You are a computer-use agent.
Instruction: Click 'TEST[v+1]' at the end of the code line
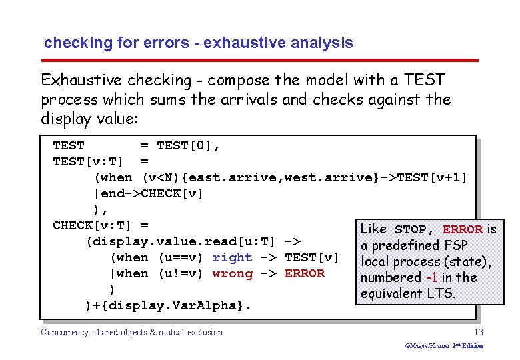[432, 177]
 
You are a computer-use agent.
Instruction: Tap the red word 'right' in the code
[232, 257]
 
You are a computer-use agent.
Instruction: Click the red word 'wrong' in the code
[232, 273]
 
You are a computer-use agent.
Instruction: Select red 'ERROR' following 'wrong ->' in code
[305, 273]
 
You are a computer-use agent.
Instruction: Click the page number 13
[478, 332]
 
